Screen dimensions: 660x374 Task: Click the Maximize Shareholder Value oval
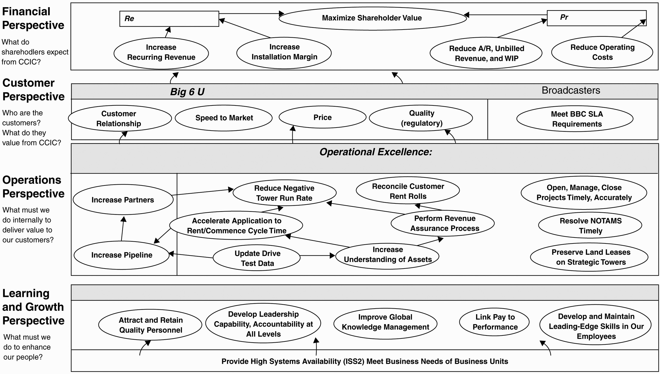(372, 18)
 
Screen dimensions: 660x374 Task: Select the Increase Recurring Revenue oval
(161, 53)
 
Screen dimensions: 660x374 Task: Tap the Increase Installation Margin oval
(284, 53)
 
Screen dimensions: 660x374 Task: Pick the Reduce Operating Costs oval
(602, 52)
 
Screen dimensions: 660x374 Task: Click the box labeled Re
(169, 19)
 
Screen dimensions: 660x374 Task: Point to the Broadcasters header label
(571, 91)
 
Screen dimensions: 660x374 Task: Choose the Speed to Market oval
(224, 118)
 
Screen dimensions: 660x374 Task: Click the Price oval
(323, 117)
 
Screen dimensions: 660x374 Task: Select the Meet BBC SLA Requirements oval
(575, 119)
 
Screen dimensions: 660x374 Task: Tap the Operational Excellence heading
(376, 152)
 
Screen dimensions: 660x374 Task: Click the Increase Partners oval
(123, 200)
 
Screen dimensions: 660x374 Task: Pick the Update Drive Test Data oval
(257, 258)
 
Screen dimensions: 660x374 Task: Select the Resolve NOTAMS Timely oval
(590, 226)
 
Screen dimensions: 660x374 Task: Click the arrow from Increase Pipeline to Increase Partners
(123, 229)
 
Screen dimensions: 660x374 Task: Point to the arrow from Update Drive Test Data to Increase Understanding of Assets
(317, 256)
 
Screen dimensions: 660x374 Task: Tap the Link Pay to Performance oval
(494, 322)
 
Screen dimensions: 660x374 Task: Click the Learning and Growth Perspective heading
(33, 307)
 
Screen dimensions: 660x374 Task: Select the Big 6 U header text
(187, 92)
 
